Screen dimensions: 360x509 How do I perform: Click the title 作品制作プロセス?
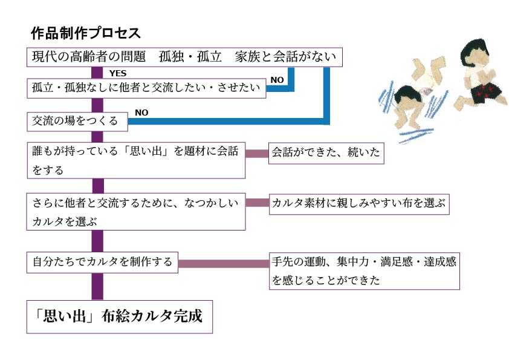[x=85, y=33]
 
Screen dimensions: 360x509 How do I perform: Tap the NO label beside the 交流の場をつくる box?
[x=141, y=113]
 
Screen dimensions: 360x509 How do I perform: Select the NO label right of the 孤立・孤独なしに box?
[x=277, y=80]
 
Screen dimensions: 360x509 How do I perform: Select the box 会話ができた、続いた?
[x=326, y=153]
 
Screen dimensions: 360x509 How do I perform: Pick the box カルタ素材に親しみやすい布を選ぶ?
[x=359, y=204]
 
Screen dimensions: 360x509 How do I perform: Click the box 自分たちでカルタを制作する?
[x=102, y=262]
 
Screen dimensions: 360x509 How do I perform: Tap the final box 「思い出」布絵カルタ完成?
[x=120, y=316]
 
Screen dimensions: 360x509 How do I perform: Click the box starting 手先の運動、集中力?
[x=365, y=271]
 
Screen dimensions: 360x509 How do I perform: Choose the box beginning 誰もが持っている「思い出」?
[x=136, y=161]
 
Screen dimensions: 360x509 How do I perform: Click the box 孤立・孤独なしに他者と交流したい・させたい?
[x=147, y=89]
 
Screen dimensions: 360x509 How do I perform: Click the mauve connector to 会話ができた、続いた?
[x=257, y=153]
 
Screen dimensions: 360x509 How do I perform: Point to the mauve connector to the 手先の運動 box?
[x=223, y=263]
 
